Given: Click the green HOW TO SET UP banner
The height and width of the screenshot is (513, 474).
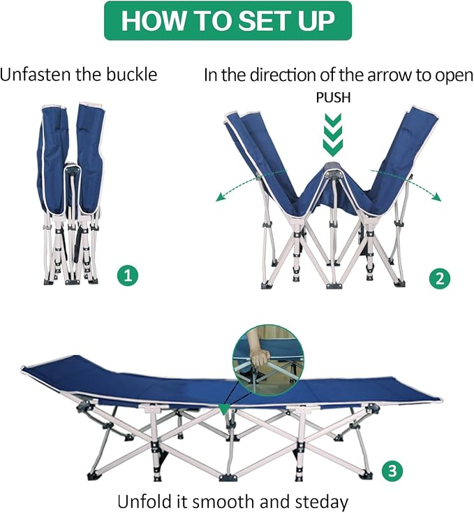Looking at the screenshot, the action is click(228, 20).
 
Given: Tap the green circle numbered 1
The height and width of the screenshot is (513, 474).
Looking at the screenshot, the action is click(128, 275).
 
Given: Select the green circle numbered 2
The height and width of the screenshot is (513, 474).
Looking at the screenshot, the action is click(440, 279).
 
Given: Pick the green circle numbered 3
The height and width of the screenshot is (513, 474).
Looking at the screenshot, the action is click(392, 471).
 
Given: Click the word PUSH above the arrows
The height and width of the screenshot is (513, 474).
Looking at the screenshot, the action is click(333, 97).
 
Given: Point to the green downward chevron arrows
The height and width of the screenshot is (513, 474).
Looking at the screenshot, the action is click(333, 135).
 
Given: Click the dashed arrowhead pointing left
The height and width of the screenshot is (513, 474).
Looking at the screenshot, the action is click(221, 197).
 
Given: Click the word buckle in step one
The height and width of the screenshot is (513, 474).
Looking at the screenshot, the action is click(132, 74).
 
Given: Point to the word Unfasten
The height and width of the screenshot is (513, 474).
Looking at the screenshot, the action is click(36, 74).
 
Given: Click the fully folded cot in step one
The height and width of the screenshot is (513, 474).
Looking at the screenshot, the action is click(71, 194).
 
